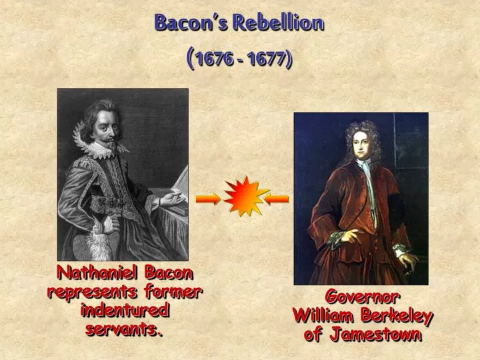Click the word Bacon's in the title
tap(184, 23)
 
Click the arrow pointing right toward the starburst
tap(207, 198)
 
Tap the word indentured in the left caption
tap(125, 310)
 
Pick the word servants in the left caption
tap(123, 329)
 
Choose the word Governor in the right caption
tap(362, 296)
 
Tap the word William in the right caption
tap(323, 315)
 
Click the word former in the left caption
tap(175, 291)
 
